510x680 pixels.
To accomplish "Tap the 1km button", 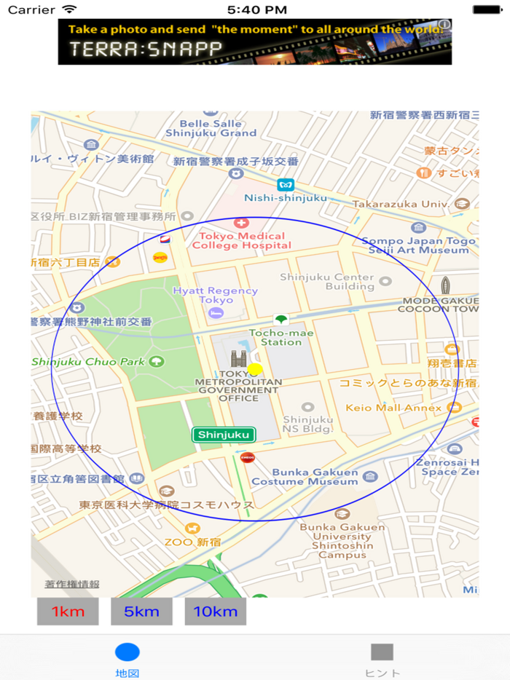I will coord(68,612).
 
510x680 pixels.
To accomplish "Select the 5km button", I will coord(141,612).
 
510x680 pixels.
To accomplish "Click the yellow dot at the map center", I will coord(255,369).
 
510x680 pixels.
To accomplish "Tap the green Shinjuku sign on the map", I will coord(224,435).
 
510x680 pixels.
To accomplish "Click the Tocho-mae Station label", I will coord(275,337).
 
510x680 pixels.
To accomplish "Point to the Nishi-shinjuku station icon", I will coord(286,185).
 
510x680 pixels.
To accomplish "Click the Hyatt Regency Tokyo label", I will coord(215,295).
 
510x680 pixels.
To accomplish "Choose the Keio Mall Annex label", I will coord(393,408).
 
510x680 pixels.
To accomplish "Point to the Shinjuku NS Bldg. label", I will coord(308,424).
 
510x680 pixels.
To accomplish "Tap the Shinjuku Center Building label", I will coord(327,282).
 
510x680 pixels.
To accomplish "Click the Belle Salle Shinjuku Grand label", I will coord(211,128).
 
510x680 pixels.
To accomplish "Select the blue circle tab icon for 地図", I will coord(127,652).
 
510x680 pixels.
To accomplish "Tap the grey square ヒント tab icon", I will coord(382,652).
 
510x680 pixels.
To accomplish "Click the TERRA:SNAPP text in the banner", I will coord(146,50).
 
